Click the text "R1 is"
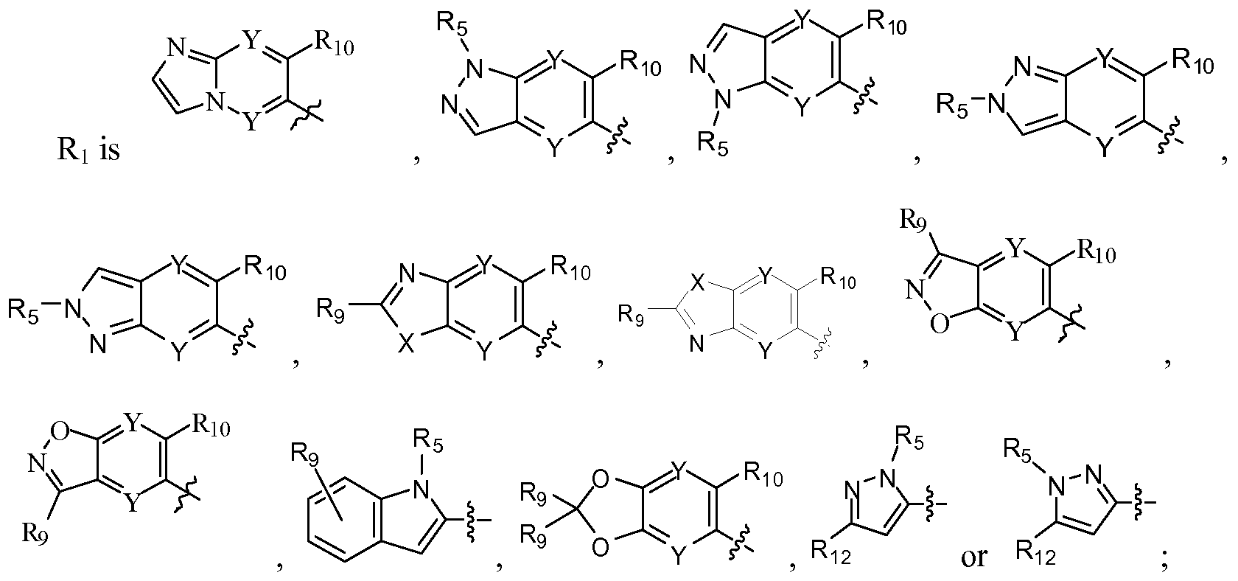pos(88,149)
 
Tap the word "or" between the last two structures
pos(973,558)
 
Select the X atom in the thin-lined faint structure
pos(699,285)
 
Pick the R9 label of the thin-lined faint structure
pos(631,315)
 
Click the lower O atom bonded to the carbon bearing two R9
pos(601,547)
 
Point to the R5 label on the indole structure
pos(428,442)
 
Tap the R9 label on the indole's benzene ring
pos(306,456)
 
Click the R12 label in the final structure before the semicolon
pos(1036,554)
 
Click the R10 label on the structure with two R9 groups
pos(763,475)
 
